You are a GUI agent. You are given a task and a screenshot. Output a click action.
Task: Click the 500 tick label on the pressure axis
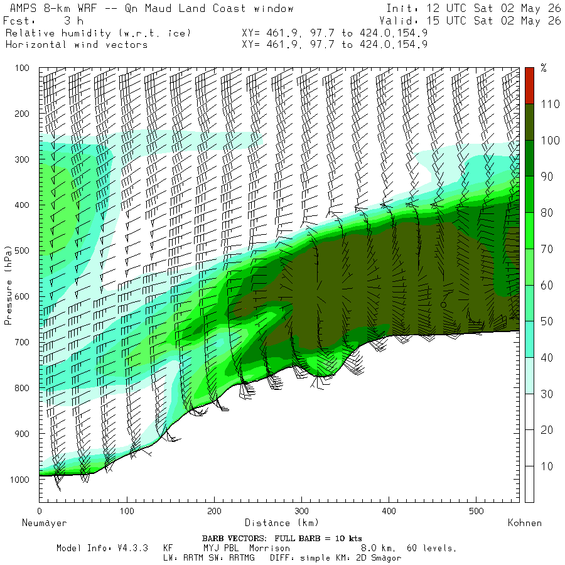coord(22,250)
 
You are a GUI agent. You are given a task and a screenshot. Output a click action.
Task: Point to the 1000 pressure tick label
coord(19,479)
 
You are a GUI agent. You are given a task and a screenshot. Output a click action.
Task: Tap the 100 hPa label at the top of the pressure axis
coord(22,68)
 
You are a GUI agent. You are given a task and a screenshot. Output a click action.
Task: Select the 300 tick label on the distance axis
coord(301,511)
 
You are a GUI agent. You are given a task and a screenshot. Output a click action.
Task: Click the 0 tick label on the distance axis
coord(40,511)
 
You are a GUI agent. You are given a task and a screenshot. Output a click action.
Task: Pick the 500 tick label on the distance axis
coord(476,511)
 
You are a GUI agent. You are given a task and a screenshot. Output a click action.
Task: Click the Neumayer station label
coord(45,523)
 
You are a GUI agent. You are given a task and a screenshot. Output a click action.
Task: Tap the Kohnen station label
coord(525,523)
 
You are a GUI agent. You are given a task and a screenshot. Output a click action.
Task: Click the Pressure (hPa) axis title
coord(8,286)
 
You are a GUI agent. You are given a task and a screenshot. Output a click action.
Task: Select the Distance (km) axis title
coord(282,523)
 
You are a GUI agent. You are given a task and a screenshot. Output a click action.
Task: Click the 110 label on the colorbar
coord(550,104)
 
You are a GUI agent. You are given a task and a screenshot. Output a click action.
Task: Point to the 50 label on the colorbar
coord(547,321)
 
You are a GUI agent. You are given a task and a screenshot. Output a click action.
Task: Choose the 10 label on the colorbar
coord(547,466)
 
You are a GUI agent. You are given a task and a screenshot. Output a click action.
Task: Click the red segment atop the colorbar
coord(529,86)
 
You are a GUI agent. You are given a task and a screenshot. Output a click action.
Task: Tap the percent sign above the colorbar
coord(544,67)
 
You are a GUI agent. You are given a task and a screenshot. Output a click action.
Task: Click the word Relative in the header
coord(30,33)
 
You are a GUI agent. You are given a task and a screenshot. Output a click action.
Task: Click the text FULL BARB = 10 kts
coord(318,539)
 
